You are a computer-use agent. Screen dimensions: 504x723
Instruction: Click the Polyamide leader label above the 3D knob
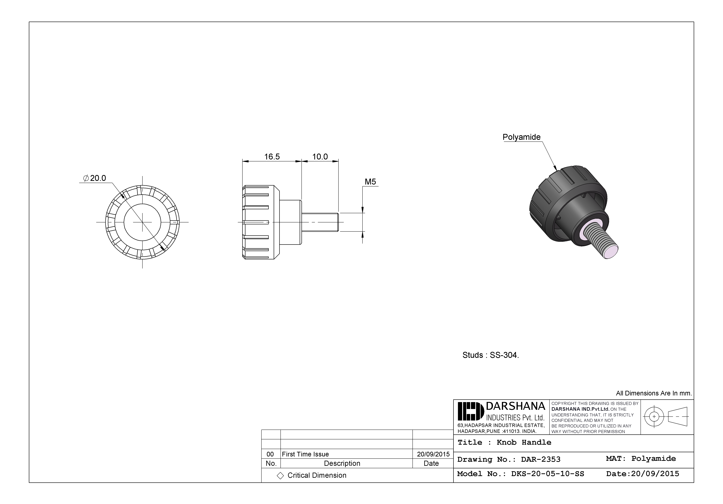pos(522,137)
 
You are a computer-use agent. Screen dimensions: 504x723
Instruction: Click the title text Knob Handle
pos(524,442)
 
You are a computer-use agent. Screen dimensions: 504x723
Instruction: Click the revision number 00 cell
pos(270,454)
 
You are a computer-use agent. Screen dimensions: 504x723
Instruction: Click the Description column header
pos(342,463)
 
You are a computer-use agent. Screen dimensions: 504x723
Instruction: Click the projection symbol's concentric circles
pos(654,416)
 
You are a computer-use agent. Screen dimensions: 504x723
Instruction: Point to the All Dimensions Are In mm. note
pos(654,393)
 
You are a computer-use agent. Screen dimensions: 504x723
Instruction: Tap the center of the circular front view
pos(142,222)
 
